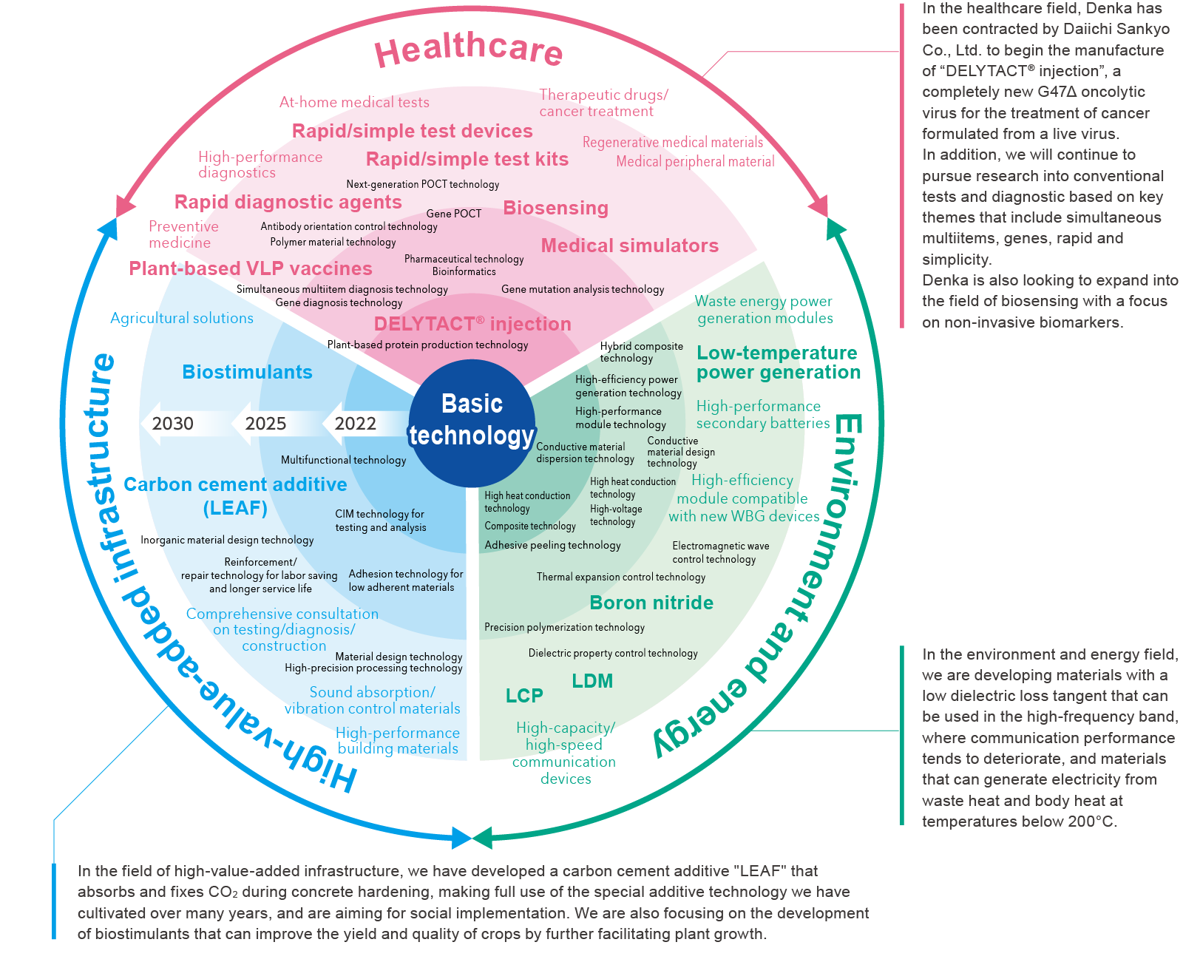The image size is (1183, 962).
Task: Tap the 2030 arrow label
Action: point(172,424)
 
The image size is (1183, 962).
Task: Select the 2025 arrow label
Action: point(265,424)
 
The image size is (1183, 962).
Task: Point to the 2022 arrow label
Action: point(356,424)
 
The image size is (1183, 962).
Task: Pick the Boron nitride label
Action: point(651,603)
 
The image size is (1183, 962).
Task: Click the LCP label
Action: point(524,696)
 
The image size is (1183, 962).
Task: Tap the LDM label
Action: point(592,681)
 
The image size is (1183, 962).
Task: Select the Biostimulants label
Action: point(247,372)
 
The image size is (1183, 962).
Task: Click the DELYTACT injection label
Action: point(472,324)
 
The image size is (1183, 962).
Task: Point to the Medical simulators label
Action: point(630,245)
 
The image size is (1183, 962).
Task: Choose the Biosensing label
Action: point(556,208)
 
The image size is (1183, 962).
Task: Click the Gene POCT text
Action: point(453,214)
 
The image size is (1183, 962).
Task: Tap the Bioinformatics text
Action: point(464,271)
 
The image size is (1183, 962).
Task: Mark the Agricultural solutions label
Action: point(182,318)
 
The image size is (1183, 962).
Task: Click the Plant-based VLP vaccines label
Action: point(251,268)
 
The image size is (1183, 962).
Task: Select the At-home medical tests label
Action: point(354,102)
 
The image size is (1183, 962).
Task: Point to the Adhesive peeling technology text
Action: point(552,545)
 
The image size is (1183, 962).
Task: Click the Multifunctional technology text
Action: point(343,460)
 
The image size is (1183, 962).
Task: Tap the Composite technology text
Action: point(530,526)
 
